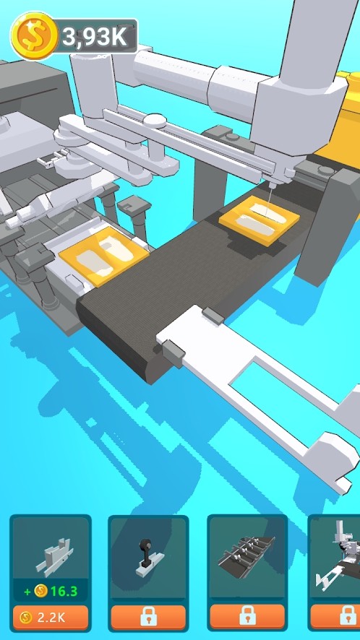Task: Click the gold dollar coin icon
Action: (x=34, y=36)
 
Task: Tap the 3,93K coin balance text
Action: (x=95, y=37)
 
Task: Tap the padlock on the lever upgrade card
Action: (x=148, y=616)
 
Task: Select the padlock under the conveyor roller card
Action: (x=247, y=616)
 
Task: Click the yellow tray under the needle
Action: (x=259, y=220)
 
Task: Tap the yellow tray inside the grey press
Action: (x=104, y=257)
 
